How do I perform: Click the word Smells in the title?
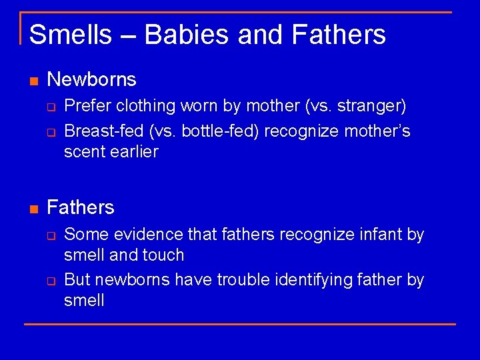point(70,34)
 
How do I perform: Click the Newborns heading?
point(92,80)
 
